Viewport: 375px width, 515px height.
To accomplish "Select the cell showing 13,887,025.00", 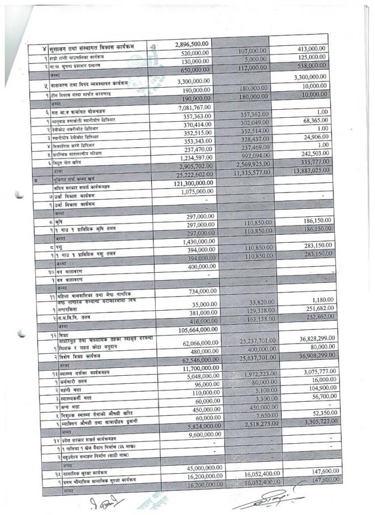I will (305, 169).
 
